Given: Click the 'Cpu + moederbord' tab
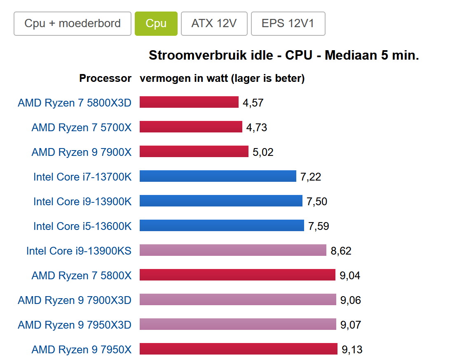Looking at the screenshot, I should pos(73,23).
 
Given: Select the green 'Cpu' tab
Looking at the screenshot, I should pos(156,23).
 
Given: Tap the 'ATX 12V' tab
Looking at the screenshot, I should pos(214,23).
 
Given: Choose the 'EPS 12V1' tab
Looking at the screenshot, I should pos(288,23).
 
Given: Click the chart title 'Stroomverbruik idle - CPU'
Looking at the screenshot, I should pos(284,55).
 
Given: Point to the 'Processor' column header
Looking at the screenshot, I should pos(105,78).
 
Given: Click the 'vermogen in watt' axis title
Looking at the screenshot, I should pos(222,78).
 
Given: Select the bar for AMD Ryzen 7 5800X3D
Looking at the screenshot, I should pos(189,102).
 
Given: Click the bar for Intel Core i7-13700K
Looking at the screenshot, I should pos(218,176).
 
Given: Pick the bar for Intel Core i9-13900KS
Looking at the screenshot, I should pos(233,250).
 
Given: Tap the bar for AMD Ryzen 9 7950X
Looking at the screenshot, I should pos(238,349).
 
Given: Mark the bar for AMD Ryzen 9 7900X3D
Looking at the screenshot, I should pos(238,299).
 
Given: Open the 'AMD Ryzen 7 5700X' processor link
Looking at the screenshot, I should pos(82,128).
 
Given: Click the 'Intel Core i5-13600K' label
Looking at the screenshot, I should pos(82,226).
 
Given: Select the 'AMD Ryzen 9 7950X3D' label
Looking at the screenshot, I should pos(75,325).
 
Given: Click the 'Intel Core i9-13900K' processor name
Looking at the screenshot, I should pos(82,202).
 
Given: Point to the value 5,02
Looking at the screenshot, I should pos(263,152).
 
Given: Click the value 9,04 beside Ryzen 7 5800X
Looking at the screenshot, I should pos(350,276).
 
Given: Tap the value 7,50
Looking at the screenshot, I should pos(317,202).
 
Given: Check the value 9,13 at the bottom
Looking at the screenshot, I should pos(352,350).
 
